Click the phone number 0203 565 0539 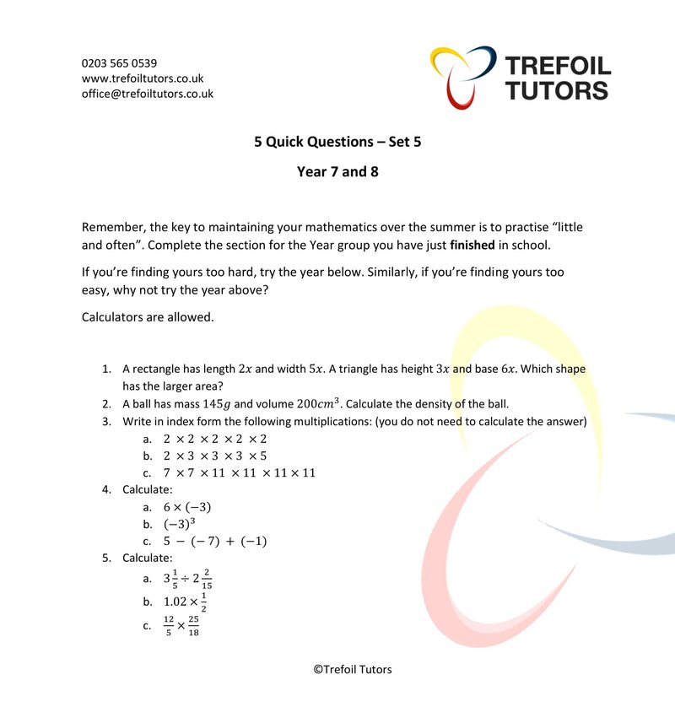(119, 63)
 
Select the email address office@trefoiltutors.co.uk (148, 94)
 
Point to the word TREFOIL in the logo (558, 65)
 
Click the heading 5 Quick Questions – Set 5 (337, 142)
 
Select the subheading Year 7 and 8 (337, 172)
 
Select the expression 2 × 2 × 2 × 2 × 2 (215, 439)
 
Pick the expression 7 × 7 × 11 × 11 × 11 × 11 (240, 472)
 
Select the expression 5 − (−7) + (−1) (215, 541)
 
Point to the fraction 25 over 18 (193, 626)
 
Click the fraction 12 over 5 (169, 626)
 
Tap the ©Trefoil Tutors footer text (353, 669)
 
